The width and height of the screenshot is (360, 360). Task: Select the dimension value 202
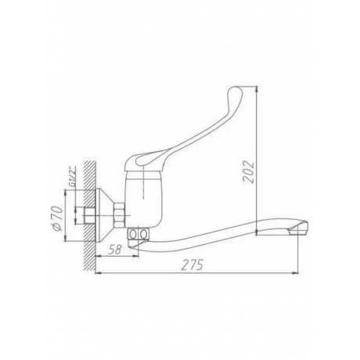coord(248,172)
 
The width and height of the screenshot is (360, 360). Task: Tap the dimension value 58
coord(115,250)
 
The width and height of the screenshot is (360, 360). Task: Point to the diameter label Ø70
coord(57,218)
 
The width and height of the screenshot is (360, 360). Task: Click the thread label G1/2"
coord(73,177)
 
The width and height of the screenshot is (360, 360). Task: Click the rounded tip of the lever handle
coord(236,93)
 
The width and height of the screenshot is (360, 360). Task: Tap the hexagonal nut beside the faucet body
coord(119,215)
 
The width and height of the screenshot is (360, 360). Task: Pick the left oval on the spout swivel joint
coord(133,234)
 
